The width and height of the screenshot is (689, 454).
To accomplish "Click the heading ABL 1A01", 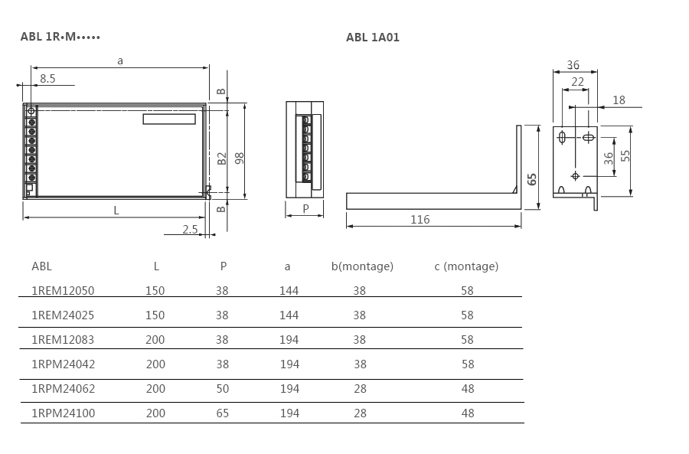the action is (373, 38).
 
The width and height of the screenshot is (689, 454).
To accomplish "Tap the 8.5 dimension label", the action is (47, 79).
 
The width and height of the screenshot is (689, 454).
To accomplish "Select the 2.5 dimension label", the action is (190, 229).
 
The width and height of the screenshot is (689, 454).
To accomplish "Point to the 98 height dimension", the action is (240, 158).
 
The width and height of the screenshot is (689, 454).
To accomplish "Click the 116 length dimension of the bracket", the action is (420, 219).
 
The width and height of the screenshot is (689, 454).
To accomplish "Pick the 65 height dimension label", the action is (532, 179).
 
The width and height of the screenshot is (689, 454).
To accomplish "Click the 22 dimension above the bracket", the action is (577, 82).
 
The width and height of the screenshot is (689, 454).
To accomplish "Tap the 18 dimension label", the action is (619, 100).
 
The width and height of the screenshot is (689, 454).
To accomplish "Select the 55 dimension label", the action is (625, 156).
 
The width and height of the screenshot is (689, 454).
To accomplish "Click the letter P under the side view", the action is (305, 209).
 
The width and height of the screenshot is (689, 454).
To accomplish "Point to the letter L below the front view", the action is (116, 211).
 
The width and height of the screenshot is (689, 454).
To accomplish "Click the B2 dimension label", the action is (221, 158).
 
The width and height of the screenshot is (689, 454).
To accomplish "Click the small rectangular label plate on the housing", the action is (169, 119).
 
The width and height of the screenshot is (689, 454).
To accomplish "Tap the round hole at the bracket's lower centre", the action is (575, 176).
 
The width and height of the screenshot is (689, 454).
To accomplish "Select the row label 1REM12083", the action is (63, 340).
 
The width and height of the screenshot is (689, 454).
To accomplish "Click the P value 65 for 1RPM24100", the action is (222, 413).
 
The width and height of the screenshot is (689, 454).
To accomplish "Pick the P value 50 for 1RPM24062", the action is (222, 388).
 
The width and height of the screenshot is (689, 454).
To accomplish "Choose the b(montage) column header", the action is (363, 266).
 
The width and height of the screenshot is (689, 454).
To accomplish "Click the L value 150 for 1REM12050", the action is (155, 290).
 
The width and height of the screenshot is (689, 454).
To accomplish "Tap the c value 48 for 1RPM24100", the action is (468, 413).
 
